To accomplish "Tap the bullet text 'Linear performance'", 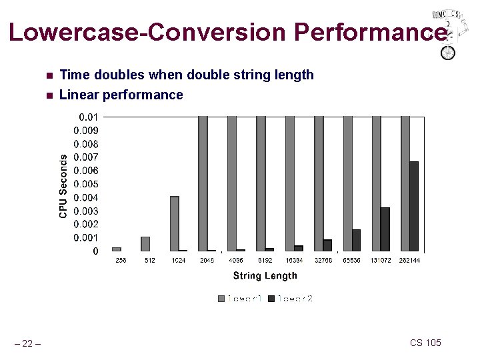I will pos(121,95).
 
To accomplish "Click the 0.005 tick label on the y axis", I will pos(86,184).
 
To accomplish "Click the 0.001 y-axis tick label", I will pos(86,237).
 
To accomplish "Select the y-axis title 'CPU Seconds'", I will pos(63,185).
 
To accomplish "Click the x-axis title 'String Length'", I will pos(265,275).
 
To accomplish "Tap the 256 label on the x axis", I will pos(121,260).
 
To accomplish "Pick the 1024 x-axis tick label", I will pos(178,260).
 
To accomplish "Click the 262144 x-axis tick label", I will pos(409,260).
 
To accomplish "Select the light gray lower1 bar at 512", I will pos(145,244).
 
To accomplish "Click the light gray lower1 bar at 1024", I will pos(174,223).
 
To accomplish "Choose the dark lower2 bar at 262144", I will pos(414,206).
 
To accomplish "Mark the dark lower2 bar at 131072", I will pos(385,229).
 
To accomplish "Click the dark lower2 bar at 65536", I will pos(356,240).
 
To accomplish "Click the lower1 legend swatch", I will pos(221,299).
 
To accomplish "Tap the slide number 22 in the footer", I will pos(27,343).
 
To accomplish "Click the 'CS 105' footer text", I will pos(425,343).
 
